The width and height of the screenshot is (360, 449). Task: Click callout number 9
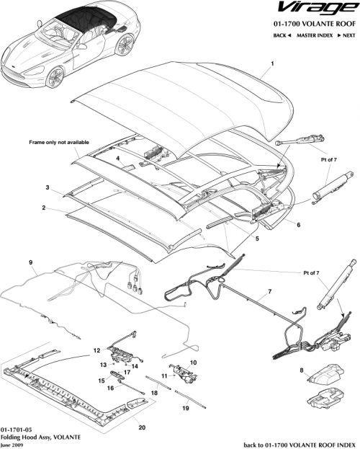click(x=30, y=262)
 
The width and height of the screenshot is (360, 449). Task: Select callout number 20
click(x=141, y=427)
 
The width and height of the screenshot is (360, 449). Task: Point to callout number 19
click(x=186, y=409)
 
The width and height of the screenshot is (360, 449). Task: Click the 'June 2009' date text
click(x=14, y=444)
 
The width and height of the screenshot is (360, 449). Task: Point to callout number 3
click(x=47, y=187)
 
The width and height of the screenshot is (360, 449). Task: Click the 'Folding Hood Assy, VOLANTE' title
click(x=36, y=437)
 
